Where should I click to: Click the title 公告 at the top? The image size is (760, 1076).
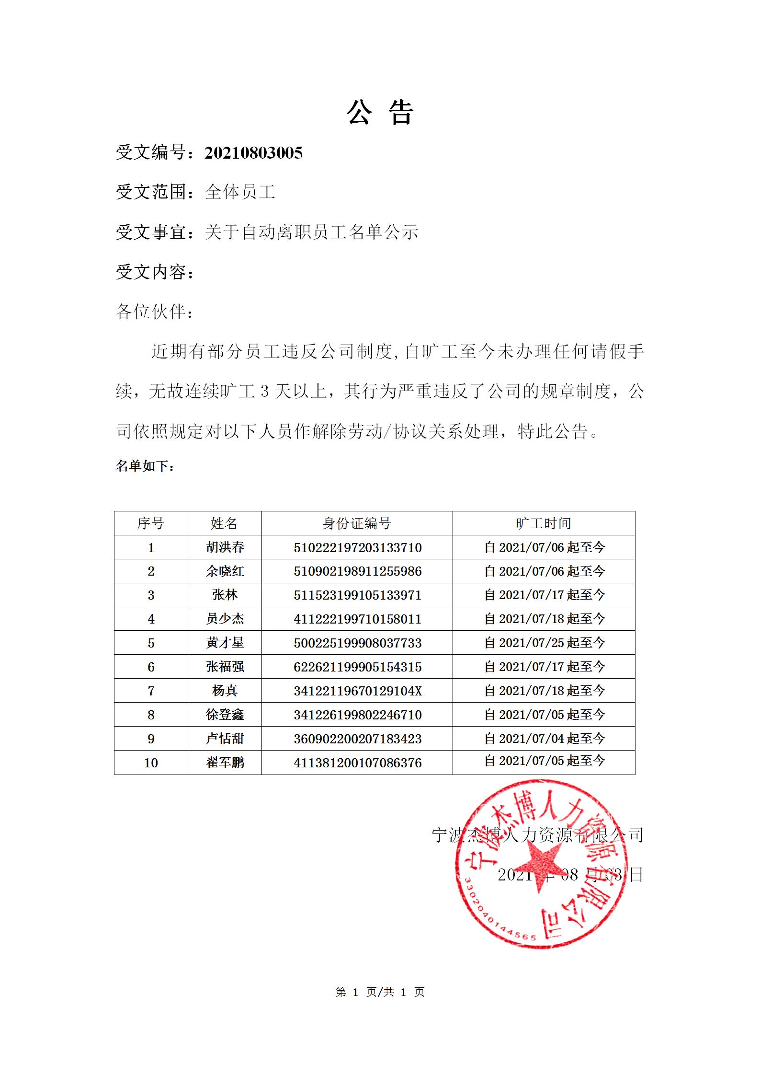[x=380, y=113]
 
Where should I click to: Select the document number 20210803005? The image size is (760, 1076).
[x=253, y=153]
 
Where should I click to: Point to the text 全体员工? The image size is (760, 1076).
[x=240, y=192]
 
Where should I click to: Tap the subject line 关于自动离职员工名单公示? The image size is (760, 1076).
[x=311, y=232]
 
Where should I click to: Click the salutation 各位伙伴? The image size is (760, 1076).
[x=155, y=312]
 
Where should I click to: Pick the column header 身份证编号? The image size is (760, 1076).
[x=357, y=523]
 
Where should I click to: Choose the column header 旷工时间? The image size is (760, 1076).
[x=544, y=523]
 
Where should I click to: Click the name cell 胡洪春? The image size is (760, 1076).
[x=225, y=547]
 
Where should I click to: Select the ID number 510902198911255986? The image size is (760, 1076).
[x=357, y=571]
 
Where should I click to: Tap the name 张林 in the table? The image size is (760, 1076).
[x=225, y=595]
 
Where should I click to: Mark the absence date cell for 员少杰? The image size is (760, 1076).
[x=544, y=619]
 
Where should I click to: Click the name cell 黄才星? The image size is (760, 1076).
[x=225, y=643]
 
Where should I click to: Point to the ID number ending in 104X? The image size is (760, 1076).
[x=357, y=691]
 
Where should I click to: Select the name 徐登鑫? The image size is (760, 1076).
[x=225, y=715]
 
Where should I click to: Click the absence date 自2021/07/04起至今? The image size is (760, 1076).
[x=544, y=739]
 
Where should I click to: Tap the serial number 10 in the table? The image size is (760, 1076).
[x=151, y=763]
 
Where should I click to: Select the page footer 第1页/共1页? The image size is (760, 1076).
[x=380, y=992]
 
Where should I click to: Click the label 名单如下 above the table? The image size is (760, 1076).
[x=145, y=465]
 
